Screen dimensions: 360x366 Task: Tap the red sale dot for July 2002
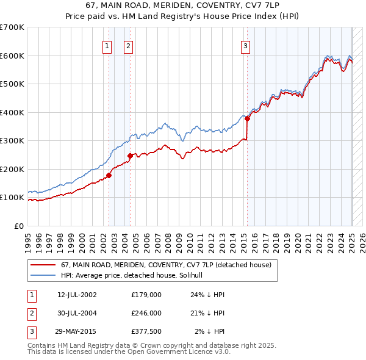coord(109,175)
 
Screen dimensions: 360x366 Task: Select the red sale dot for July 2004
coord(131,156)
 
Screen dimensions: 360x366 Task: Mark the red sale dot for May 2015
coord(247,119)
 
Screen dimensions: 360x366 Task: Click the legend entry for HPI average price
coord(135,276)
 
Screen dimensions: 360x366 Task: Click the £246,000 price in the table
coord(146,313)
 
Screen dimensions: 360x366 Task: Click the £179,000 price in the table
coord(146,295)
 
